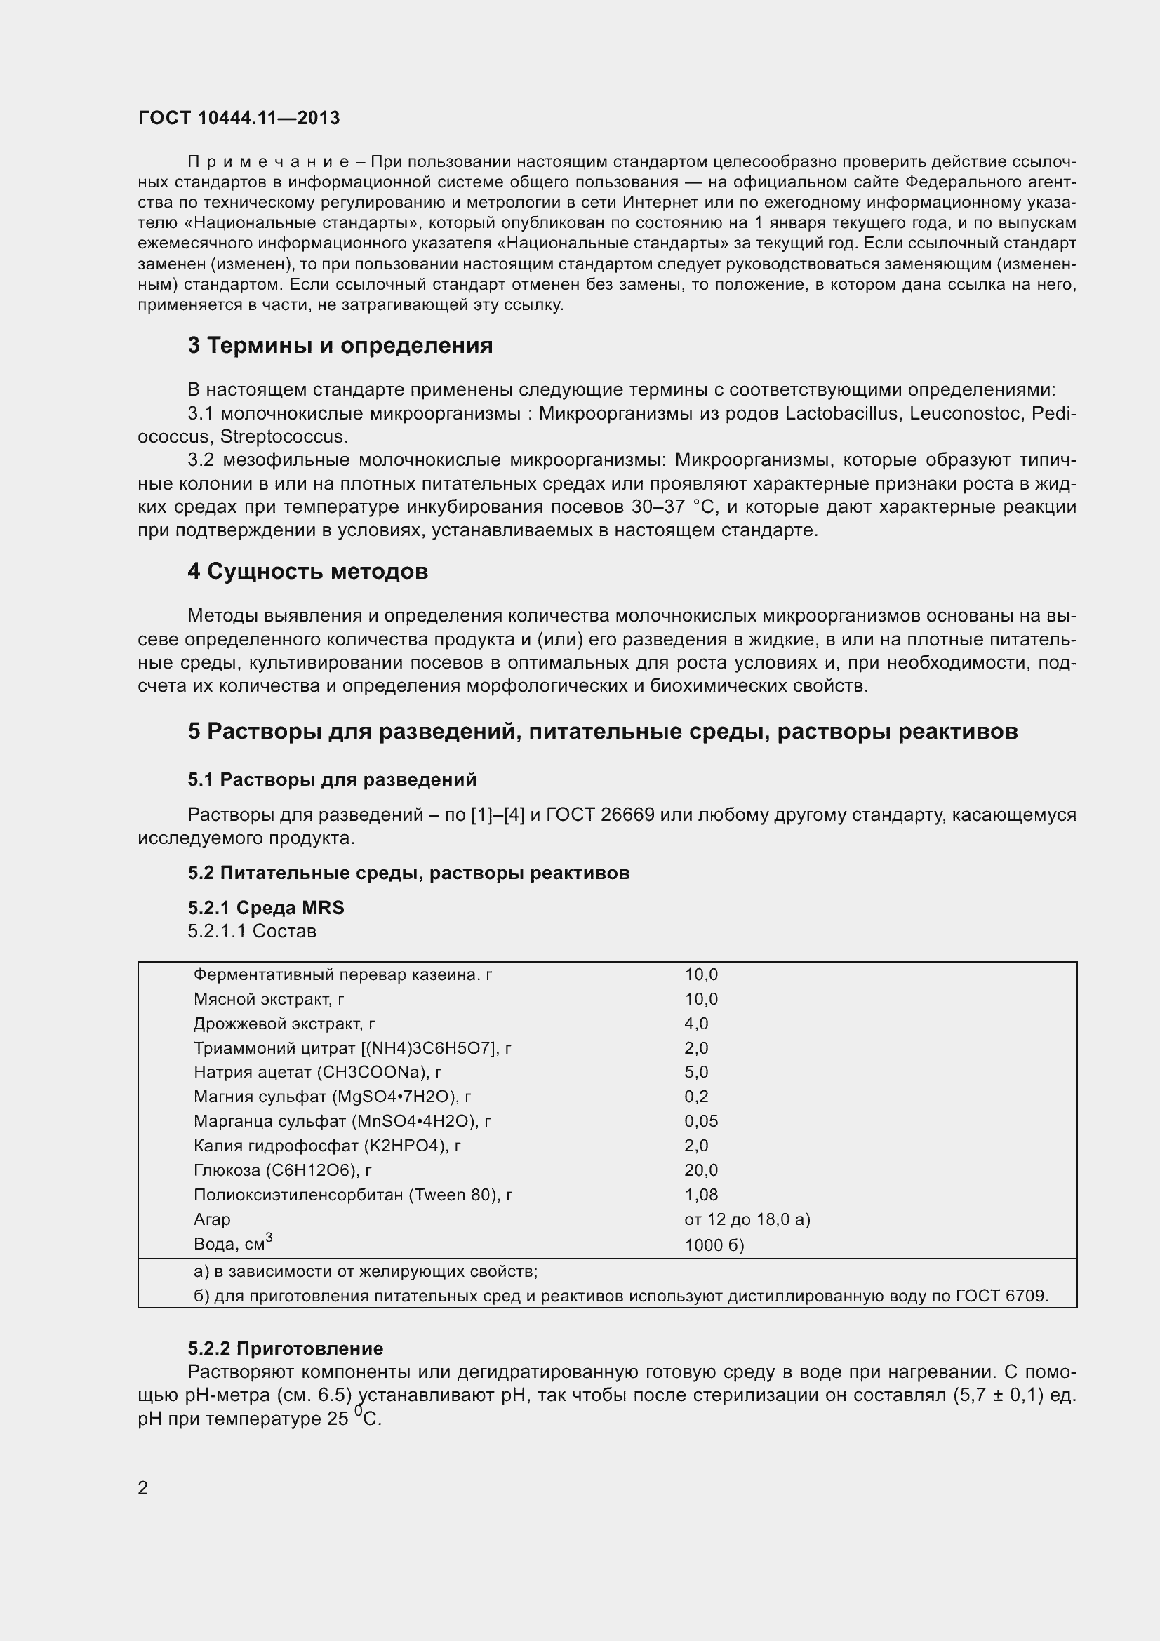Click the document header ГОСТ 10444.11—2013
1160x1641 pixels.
coord(239,118)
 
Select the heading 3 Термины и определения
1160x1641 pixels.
coord(340,346)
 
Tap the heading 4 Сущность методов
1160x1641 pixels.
coord(308,572)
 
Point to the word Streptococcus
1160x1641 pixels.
coord(283,436)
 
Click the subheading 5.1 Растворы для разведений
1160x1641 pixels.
coord(333,779)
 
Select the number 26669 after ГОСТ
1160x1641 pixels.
coord(628,815)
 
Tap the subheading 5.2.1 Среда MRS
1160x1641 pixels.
coord(266,909)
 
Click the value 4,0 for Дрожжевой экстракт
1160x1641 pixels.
coord(696,1024)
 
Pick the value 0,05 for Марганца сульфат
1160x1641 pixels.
coord(701,1121)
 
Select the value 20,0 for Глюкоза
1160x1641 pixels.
coord(701,1171)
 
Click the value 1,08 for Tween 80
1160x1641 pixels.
coord(701,1195)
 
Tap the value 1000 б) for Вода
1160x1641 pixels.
coord(714,1246)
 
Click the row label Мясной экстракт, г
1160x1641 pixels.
coord(269,999)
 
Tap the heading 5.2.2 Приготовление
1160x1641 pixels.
coord(285,1348)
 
